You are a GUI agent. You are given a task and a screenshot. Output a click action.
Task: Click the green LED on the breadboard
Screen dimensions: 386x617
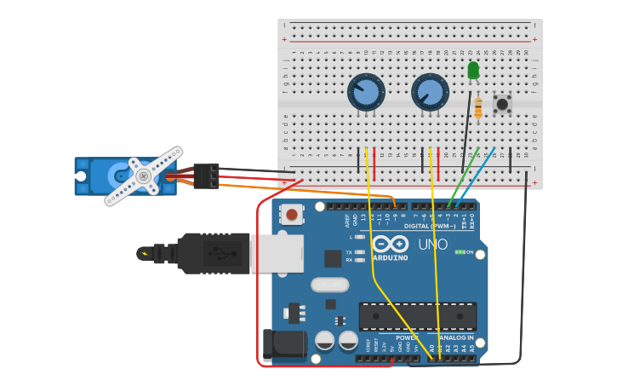pyautogui.click(x=473, y=70)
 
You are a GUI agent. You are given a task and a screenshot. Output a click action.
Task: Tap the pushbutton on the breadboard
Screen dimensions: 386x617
pyautogui.click(x=502, y=104)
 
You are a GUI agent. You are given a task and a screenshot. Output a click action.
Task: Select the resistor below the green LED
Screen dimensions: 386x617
pyautogui.click(x=478, y=108)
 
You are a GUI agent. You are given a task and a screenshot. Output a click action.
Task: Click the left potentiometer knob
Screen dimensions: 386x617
pyautogui.click(x=366, y=92)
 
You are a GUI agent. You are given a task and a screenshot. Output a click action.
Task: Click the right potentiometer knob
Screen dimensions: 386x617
pyautogui.click(x=430, y=92)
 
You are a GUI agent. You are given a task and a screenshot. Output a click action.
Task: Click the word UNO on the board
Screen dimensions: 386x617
pyautogui.click(x=432, y=245)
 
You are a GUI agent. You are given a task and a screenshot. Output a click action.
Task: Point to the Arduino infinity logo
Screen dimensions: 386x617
pyautogui.click(x=389, y=244)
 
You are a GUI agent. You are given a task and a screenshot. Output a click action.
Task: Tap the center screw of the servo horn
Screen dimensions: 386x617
pyautogui.click(x=143, y=176)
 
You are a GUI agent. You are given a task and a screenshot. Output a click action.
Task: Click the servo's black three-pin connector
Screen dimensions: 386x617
pyautogui.click(x=206, y=176)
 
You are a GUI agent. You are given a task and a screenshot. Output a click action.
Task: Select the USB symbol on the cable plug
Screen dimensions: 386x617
pyautogui.click(x=219, y=253)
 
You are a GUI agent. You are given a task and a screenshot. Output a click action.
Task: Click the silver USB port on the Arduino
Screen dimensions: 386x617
pyautogui.click(x=277, y=253)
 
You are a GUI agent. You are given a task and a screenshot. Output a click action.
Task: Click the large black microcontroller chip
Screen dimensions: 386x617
pyautogui.click(x=417, y=316)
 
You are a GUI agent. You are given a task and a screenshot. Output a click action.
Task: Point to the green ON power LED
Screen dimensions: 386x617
pyautogui.click(x=459, y=252)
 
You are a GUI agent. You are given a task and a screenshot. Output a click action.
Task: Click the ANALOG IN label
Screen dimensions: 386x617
pyautogui.click(x=457, y=338)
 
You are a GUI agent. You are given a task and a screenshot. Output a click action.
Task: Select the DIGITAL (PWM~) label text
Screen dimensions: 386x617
pyautogui.click(x=429, y=226)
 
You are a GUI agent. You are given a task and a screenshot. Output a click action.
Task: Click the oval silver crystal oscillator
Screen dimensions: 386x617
pyautogui.click(x=329, y=285)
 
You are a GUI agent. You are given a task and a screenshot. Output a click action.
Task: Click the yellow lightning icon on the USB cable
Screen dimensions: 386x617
pyautogui.click(x=146, y=253)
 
